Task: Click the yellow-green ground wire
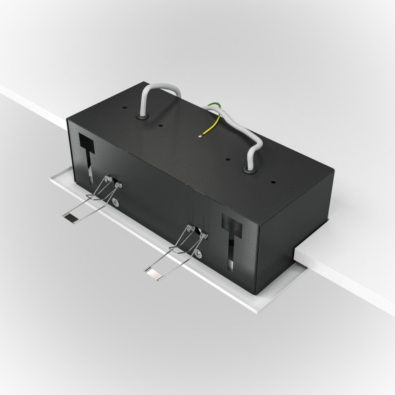(214, 123)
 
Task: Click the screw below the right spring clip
(198, 254)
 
